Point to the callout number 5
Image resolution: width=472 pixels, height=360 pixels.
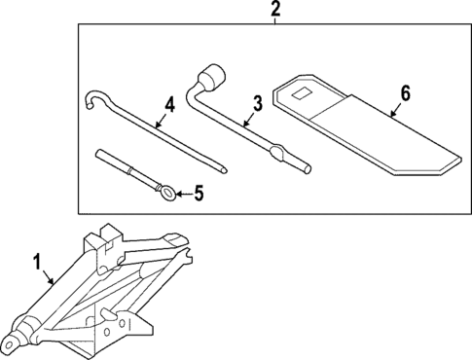tap(199, 194)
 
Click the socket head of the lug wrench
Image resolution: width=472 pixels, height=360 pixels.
tap(210, 75)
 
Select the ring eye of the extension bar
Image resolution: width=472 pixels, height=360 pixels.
tap(168, 195)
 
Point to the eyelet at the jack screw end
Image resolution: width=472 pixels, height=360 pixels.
tap(13, 342)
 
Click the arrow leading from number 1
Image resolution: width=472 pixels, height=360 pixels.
tap(50, 276)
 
